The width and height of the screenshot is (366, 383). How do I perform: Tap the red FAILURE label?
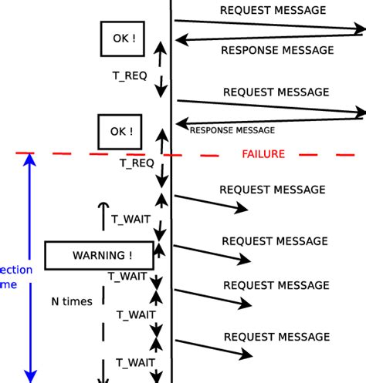[x=263, y=154]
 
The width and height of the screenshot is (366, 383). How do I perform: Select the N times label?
[x=71, y=301]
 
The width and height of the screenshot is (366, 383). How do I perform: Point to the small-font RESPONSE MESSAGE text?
[x=232, y=130]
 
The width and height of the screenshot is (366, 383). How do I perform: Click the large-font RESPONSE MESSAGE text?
[x=277, y=50]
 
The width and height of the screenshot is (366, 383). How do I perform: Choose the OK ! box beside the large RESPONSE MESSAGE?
[x=123, y=39]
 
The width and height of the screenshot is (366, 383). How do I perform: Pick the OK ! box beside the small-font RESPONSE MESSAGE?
[x=120, y=132]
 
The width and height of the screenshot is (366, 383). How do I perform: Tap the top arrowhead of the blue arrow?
[x=30, y=160]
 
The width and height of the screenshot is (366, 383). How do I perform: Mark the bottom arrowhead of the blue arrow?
[x=30, y=375]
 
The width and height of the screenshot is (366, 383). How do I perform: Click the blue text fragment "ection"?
[x=16, y=270]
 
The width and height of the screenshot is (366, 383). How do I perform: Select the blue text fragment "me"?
[x=8, y=284]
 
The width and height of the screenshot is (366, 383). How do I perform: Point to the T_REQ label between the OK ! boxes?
[x=130, y=76]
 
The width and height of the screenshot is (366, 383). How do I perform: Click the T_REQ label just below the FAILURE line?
[x=136, y=163]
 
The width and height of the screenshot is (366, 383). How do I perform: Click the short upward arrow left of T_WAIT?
[x=103, y=215]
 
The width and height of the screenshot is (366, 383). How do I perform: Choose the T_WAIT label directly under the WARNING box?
[x=127, y=275]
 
